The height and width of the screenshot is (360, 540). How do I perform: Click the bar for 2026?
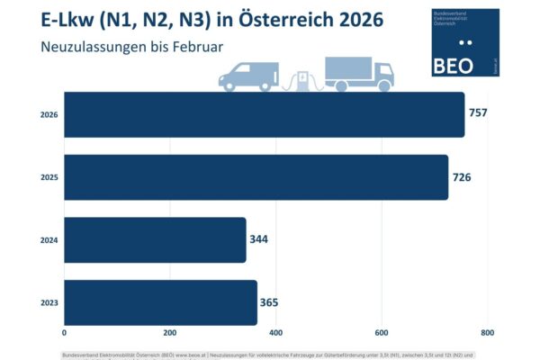[x=264, y=115]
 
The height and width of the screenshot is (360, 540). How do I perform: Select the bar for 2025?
[x=256, y=177]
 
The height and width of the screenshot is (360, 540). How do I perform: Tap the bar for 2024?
[x=155, y=240]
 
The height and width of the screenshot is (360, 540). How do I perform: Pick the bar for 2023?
[x=160, y=302]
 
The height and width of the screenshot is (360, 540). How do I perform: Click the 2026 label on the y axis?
[x=49, y=115]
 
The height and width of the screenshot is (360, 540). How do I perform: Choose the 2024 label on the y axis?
[x=49, y=240]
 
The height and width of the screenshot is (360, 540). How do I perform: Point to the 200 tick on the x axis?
[x=169, y=333]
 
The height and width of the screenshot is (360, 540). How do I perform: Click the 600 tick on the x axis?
[x=382, y=333]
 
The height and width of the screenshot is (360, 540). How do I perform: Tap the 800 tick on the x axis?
[x=488, y=333]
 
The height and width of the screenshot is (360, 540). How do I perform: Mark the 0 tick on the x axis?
[x=64, y=333]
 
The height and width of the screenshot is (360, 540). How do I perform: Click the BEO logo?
[x=465, y=42]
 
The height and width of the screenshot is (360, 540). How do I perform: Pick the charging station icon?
[x=307, y=80]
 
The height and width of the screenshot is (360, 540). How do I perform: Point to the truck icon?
[x=357, y=75]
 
